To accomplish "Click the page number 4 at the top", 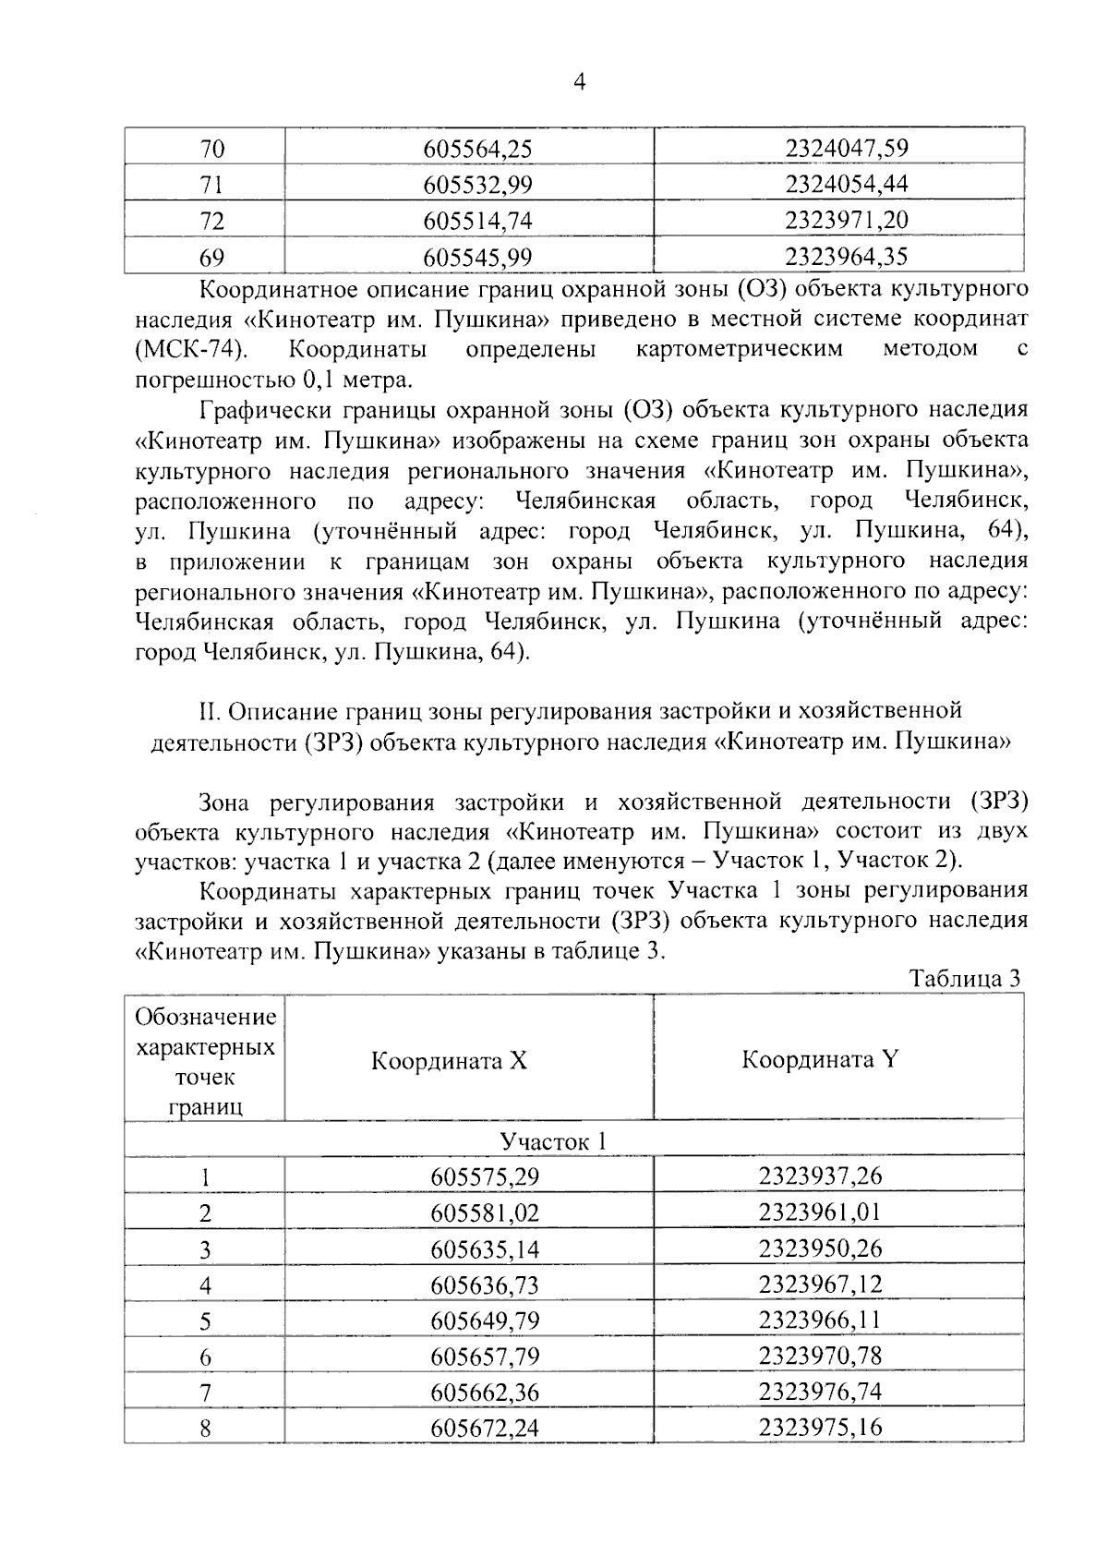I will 579,82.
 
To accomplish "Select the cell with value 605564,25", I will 478,149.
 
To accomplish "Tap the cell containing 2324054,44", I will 847,184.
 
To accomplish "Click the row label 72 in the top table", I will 212,221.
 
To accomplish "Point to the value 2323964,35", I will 847,256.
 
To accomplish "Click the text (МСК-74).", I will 190,349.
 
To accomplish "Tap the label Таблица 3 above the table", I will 965,978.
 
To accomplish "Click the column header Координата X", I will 449,1060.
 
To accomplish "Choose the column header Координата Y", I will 819,1059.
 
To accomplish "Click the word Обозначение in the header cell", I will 205,1017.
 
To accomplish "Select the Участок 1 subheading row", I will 553,1141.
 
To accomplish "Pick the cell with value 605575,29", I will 485,1176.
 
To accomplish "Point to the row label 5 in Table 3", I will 205,1321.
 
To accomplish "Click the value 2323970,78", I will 820,1356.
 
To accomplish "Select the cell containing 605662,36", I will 485,1393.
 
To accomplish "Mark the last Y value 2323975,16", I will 820,1428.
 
